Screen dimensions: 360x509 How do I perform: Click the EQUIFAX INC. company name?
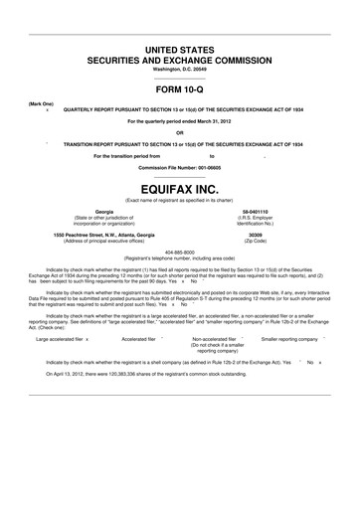point(179,186)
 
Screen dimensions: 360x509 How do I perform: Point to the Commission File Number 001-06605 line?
point(179,167)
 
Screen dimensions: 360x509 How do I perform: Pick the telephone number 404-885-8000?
point(179,251)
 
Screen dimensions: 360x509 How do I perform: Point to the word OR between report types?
point(179,132)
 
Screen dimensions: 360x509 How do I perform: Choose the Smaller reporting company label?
point(290,339)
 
